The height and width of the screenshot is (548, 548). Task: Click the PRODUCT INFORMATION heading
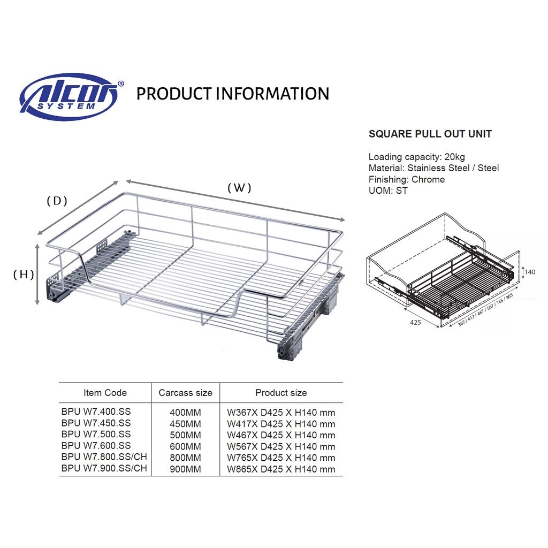233,94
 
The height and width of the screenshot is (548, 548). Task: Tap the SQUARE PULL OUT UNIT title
430,134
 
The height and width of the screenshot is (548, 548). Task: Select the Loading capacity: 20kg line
416,157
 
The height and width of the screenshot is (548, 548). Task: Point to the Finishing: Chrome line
406,179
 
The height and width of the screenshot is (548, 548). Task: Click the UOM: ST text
388,191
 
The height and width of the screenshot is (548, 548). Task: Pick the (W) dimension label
239,188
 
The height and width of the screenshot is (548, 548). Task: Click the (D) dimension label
57,201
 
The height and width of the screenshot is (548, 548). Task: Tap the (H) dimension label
24,275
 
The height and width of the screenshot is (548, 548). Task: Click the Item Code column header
105,393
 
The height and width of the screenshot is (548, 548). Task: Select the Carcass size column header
185,393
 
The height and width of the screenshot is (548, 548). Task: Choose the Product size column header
281,393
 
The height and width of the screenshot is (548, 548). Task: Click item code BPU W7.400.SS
96,412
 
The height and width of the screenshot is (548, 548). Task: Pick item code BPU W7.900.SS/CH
104,469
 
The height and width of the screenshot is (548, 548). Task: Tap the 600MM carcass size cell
185,446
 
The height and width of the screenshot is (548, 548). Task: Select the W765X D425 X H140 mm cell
281,458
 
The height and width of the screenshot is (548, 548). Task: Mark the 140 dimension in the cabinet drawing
529,272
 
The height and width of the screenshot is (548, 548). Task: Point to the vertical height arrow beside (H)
37,274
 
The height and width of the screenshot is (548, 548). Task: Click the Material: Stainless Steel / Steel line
433,168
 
